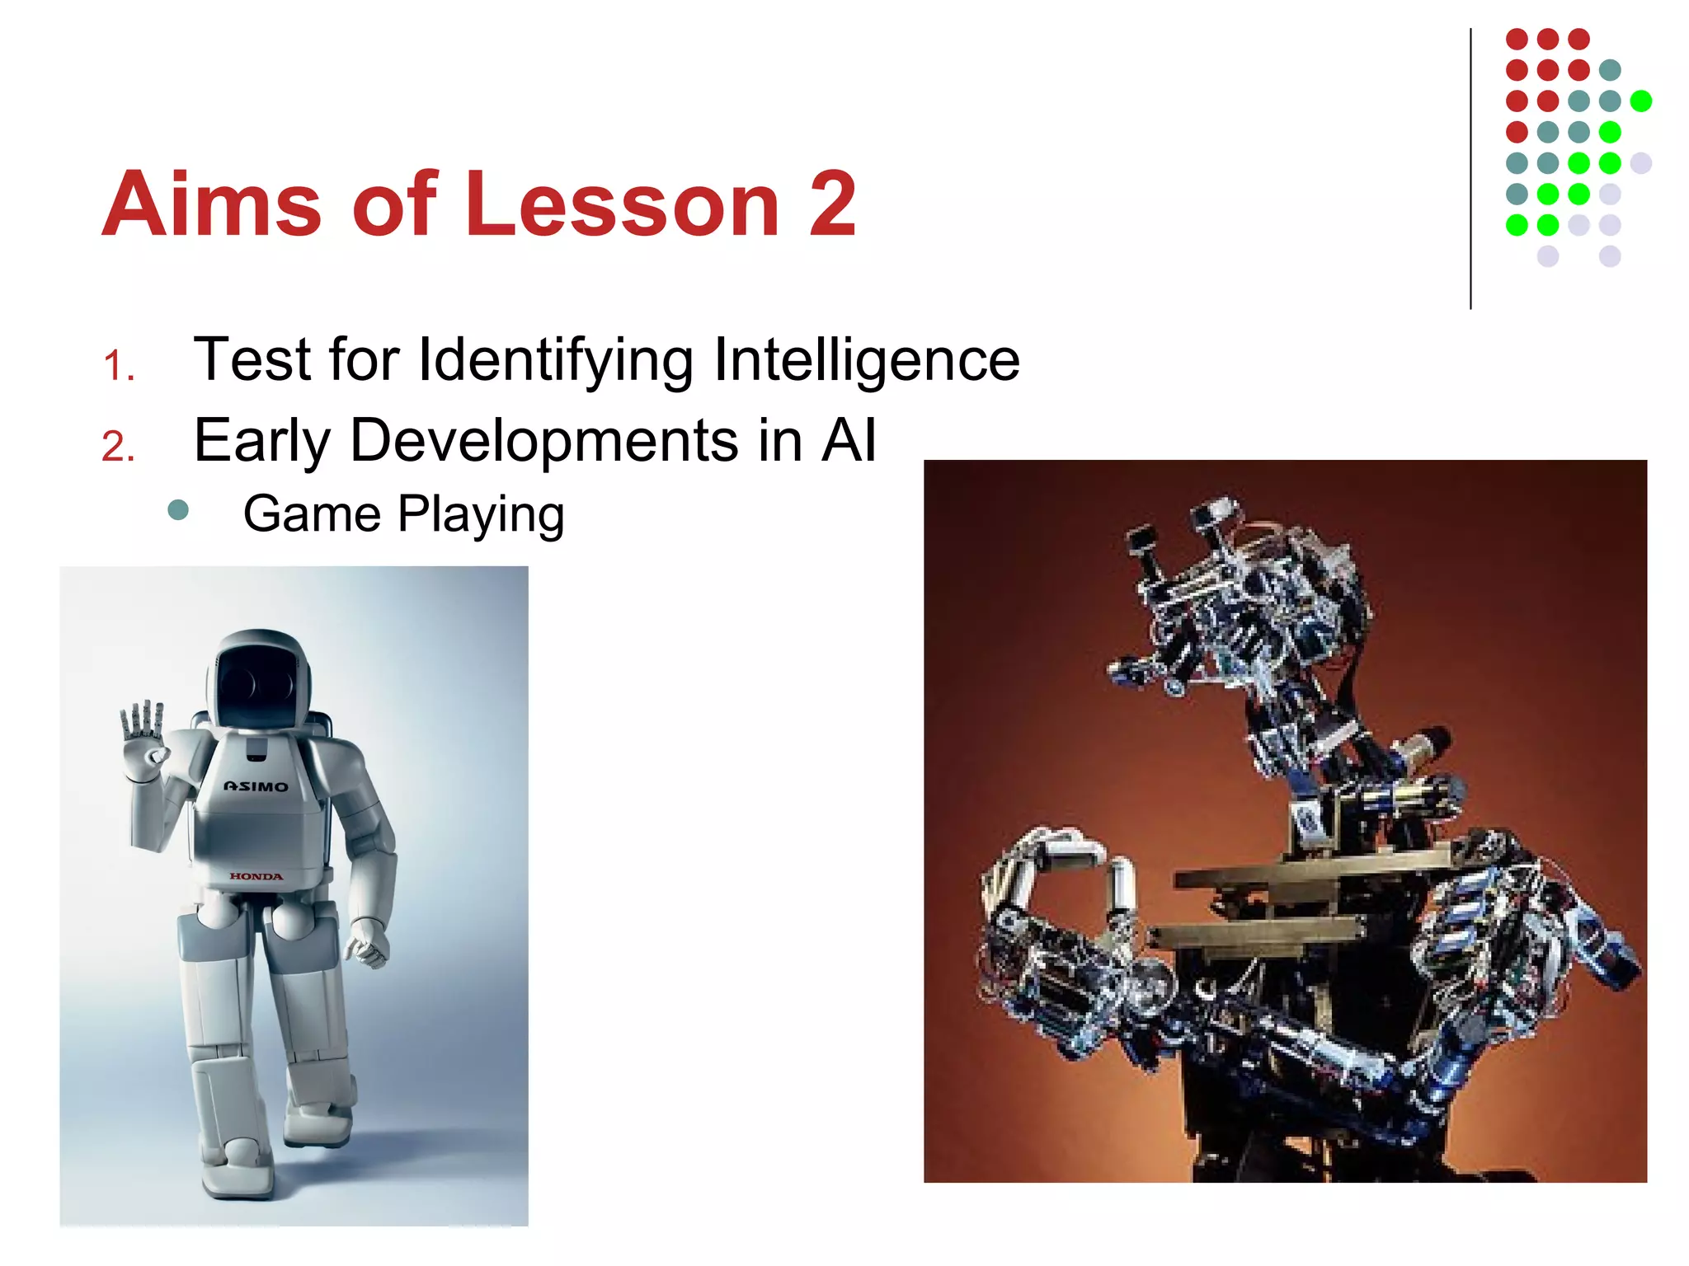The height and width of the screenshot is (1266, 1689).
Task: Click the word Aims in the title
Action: click(x=211, y=204)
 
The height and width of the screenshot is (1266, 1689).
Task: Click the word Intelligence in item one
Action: click(x=866, y=360)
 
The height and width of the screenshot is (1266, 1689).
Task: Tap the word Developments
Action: click(x=544, y=441)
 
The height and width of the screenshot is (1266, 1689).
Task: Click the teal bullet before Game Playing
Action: click(x=178, y=510)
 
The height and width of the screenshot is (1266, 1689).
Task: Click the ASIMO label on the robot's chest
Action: click(x=256, y=786)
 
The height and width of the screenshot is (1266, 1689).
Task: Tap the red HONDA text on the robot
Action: click(x=256, y=876)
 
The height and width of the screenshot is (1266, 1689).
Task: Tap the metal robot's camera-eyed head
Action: click(x=1237, y=593)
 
